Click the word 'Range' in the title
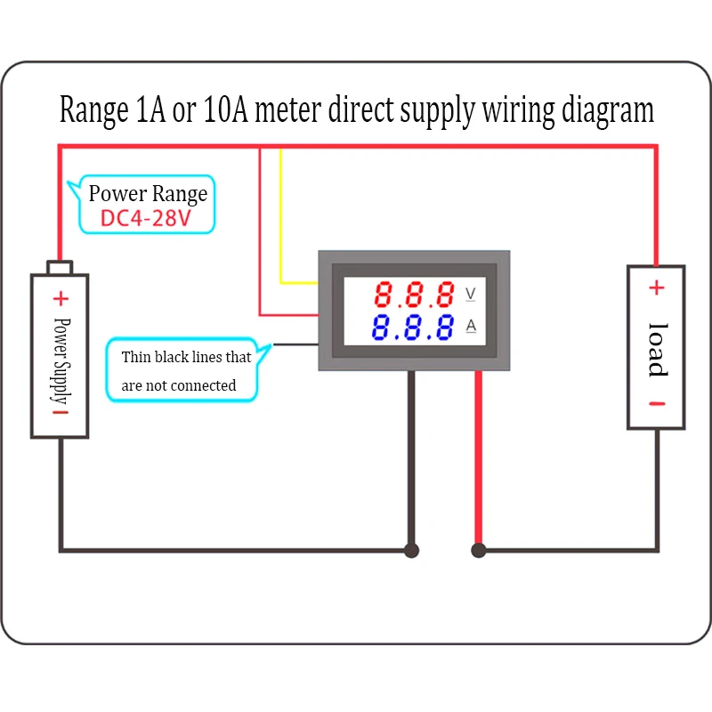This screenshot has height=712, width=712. [x=94, y=109]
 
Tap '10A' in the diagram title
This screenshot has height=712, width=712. [x=226, y=109]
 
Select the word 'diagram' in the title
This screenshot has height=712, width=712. [x=608, y=110]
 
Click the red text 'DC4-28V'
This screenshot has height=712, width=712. [x=145, y=218]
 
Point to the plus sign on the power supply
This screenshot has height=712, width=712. [x=61, y=298]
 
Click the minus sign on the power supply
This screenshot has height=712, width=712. [x=61, y=412]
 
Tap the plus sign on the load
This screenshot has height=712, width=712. [x=657, y=287]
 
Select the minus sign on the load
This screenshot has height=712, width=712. [x=657, y=404]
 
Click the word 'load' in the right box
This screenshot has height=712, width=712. [x=658, y=350]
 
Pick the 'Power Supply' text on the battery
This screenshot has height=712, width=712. [x=61, y=361]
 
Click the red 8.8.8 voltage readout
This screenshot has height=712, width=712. [x=414, y=295]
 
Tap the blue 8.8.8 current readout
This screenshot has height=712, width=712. [x=413, y=327]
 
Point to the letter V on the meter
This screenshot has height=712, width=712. [x=471, y=294]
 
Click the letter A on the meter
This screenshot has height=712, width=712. [x=471, y=326]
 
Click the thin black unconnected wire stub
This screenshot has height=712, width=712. [x=295, y=344]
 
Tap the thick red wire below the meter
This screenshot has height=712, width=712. [x=478, y=458]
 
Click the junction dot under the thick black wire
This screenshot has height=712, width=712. [x=411, y=550]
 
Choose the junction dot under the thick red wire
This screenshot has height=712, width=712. [x=479, y=550]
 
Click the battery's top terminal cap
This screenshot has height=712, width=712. [x=60, y=268]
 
